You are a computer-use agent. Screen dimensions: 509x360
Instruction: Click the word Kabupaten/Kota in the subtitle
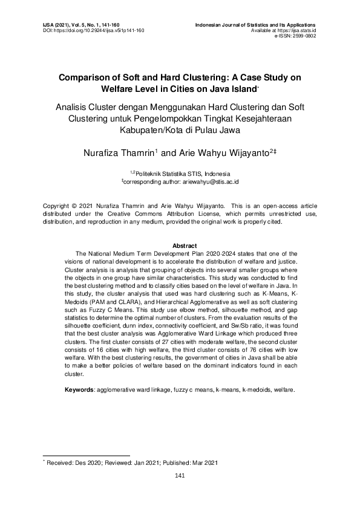[x=150, y=129]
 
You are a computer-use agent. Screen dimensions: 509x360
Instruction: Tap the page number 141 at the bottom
[x=180, y=475]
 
